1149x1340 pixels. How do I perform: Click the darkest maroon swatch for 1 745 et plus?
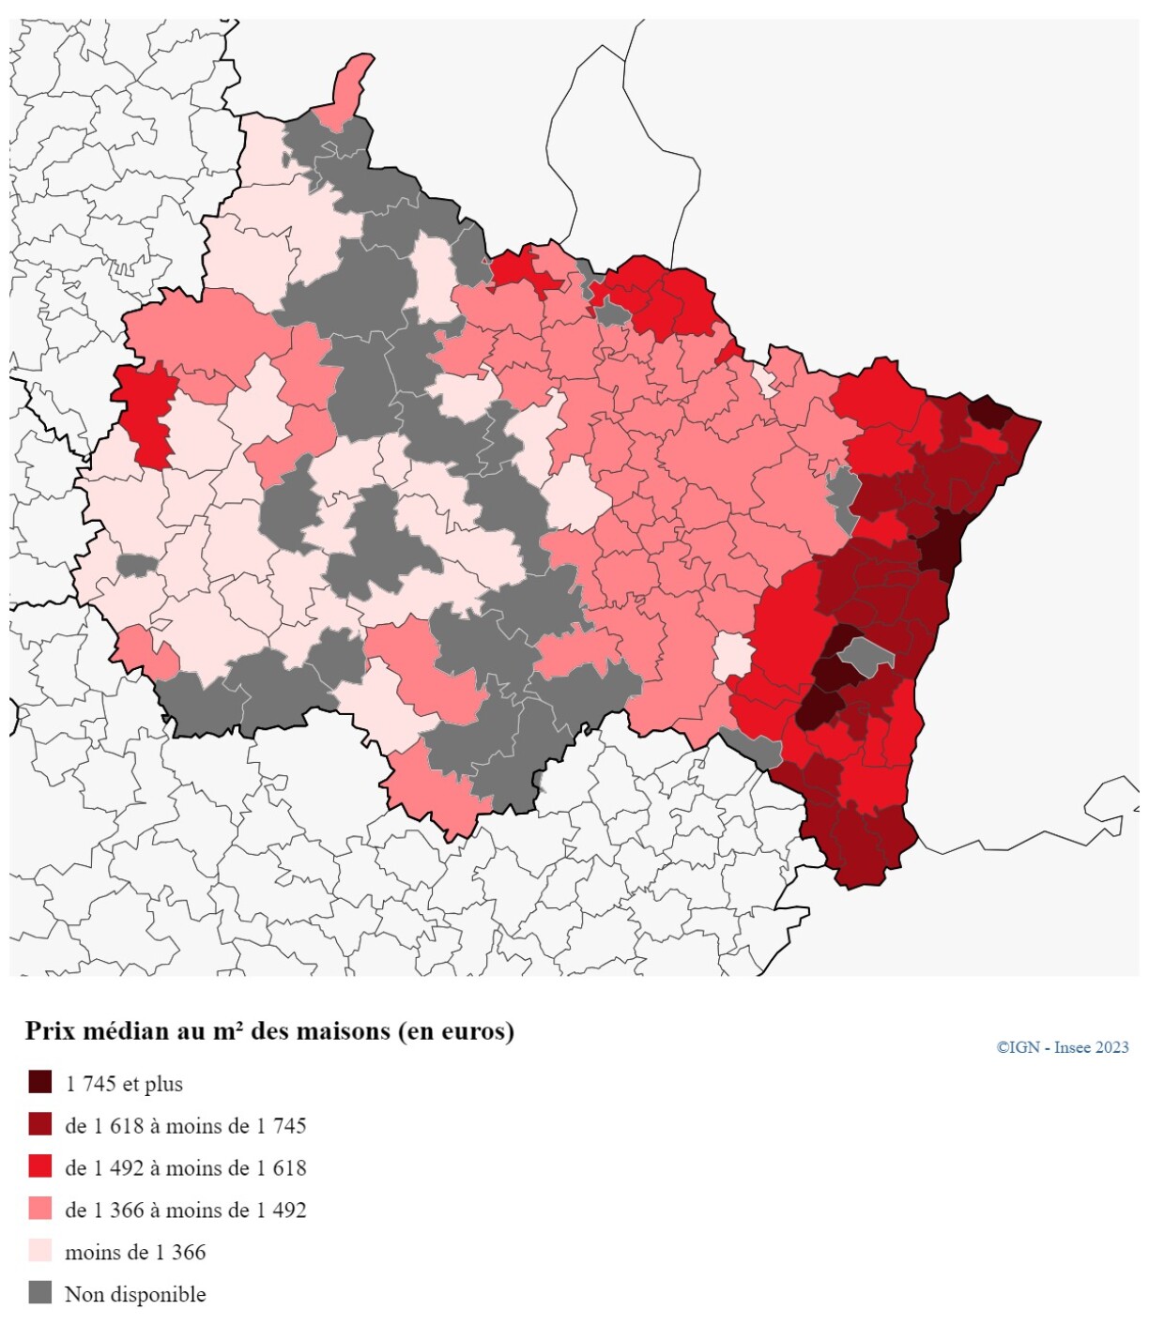[39, 1082]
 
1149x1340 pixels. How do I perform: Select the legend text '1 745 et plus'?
[124, 1084]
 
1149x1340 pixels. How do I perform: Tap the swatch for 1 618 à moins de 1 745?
[39, 1124]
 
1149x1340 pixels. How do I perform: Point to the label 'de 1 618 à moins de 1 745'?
[185, 1126]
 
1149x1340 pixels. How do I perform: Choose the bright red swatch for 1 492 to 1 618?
[39, 1166]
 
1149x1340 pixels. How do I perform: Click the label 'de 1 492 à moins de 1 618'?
[185, 1168]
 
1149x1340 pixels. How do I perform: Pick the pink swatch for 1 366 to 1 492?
[39, 1209]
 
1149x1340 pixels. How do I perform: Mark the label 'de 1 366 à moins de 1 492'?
[185, 1211]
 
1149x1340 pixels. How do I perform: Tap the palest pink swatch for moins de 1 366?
[39, 1251]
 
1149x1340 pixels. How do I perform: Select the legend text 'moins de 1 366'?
[135, 1253]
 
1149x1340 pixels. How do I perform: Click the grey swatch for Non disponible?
[39, 1292]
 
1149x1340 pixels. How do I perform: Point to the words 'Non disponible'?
[135, 1295]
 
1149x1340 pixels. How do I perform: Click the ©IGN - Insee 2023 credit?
[1062, 1047]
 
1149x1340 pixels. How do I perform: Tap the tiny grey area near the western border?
[136, 565]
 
